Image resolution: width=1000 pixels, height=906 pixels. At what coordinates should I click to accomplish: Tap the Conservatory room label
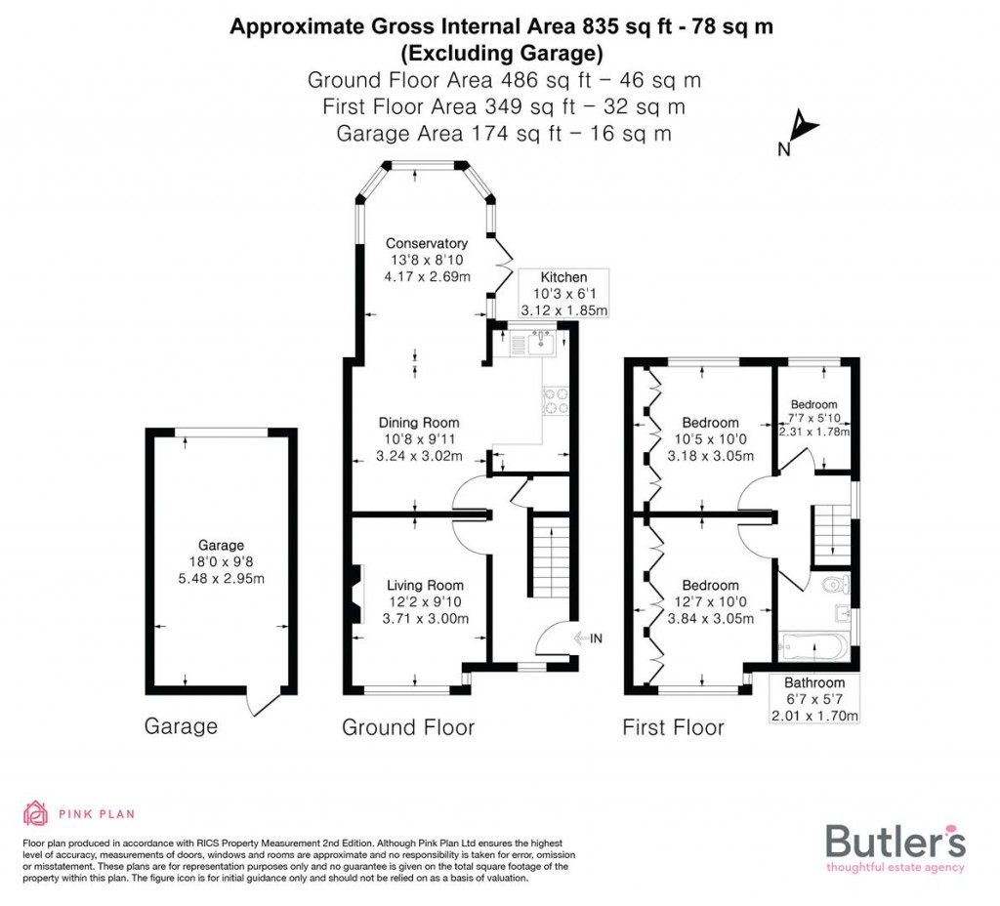click(x=426, y=243)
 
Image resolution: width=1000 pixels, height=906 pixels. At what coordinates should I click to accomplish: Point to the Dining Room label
click(x=419, y=423)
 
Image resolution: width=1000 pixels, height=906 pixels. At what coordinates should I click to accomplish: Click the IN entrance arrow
click(x=590, y=638)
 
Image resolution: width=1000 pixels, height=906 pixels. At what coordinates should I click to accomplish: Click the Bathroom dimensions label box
click(x=814, y=699)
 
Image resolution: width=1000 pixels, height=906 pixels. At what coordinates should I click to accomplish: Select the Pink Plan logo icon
click(x=36, y=812)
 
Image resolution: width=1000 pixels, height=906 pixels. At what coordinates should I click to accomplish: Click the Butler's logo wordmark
click(x=896, y=841)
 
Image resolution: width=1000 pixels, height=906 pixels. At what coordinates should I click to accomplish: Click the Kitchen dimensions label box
click(x=563, y=294)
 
